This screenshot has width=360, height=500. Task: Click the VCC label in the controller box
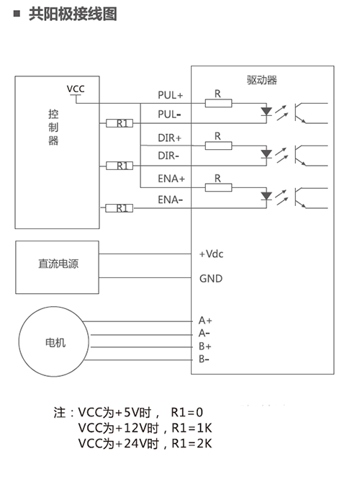point(76,89)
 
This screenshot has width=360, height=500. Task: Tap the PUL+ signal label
point(171,95)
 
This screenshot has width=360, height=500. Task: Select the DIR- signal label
point(168,156)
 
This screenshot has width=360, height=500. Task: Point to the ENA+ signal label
point(171,179)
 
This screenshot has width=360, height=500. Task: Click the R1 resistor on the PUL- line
point(120,123)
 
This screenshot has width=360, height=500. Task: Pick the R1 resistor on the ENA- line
point(120,208)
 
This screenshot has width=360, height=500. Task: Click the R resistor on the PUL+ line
point(218,103)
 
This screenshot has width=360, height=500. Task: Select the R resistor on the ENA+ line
point(218,188)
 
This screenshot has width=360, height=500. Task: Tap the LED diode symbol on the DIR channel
point(266,154)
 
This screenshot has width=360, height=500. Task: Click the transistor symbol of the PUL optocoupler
point(300,113)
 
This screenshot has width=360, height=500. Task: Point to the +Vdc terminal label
point(211,254)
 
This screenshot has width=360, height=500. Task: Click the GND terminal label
point(211,279)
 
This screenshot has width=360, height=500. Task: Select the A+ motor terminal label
point(205,320)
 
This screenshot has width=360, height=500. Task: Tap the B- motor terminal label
point(204,359)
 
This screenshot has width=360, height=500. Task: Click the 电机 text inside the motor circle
point(55,343)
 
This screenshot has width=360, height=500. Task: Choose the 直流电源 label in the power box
point(58,264)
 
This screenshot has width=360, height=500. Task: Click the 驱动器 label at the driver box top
point(262,80)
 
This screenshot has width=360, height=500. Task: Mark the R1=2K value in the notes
point(192,443)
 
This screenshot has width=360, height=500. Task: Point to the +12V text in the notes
point(132,428)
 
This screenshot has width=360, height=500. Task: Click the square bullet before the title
point(17,14)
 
